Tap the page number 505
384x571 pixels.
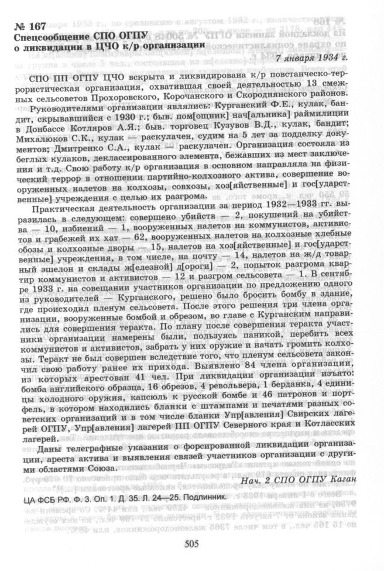[x=192, y=543]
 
